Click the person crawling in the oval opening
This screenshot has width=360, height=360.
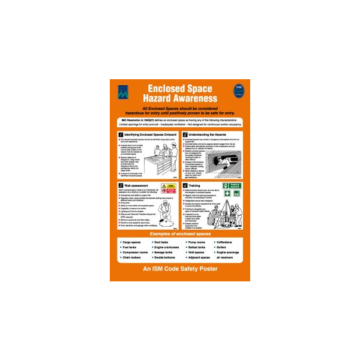click(x=226, y=160)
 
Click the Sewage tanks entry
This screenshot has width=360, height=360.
click(x=164, y=253)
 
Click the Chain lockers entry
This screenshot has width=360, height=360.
click(x=133, y=257)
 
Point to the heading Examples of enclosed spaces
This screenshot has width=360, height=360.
click(x=180, y=232)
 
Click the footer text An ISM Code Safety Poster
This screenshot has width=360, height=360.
click(x=180, y=269)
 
